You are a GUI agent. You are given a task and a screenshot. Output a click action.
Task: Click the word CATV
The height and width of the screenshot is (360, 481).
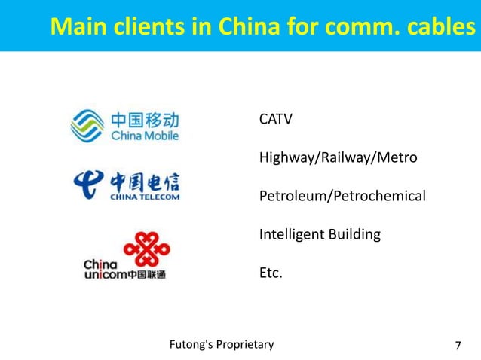click(275, 120)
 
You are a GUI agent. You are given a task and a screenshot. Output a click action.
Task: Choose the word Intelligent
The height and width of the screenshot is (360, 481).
click(292, 234)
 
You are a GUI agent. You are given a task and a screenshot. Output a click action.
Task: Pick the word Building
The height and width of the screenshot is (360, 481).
click(354, 234)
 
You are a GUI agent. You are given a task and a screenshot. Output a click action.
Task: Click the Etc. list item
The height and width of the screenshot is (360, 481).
click(271, 273)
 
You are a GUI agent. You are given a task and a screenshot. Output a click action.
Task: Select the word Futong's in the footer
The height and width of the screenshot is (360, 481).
click(191, 346)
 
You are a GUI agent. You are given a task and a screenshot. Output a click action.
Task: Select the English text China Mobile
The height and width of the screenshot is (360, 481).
click(145, 136)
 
